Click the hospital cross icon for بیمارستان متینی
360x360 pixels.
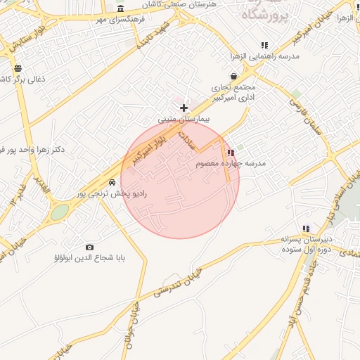click(x=184, y=108)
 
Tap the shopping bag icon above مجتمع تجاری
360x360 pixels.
click(x=233, y=76)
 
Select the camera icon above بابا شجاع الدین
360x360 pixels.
click(x=89, y=247)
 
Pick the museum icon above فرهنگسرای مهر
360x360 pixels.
click(x=121, y=8)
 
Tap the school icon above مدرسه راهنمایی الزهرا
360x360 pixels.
click(x=264, y=45)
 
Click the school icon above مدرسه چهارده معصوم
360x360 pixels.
click(x=231, y=153)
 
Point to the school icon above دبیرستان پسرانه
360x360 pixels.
click(x=306, y=229)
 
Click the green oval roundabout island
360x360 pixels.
click(x=60, y=212)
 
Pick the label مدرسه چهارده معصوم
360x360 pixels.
click(x=231, y=163)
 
